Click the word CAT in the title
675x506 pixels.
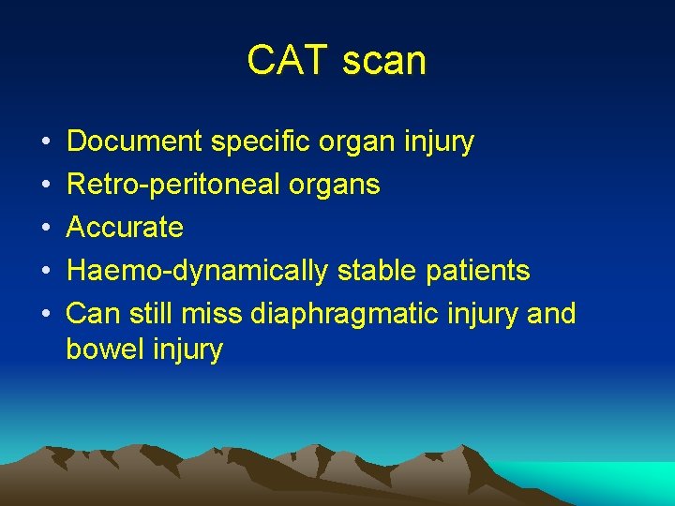[x=286, y=61]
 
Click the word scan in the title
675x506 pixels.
[x=384, y=61]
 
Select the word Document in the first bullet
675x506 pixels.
[x=135, y=141]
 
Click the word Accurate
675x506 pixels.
[x=125, y=228]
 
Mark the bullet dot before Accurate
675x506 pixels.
[x=46, y=228]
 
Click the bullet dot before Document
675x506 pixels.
[x=46, y=141]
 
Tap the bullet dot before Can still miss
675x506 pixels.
[x=46, y=314]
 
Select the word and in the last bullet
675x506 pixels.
[x=551, y=314]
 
